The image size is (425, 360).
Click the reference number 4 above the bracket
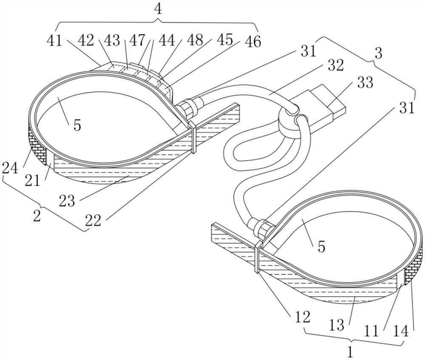(158, 9)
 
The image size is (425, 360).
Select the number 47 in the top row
(137, 41)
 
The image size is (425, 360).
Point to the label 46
(252, 41)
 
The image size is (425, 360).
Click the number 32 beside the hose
(336, 65)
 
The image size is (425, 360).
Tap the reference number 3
(378, 53)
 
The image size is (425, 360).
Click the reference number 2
(37, 216)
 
